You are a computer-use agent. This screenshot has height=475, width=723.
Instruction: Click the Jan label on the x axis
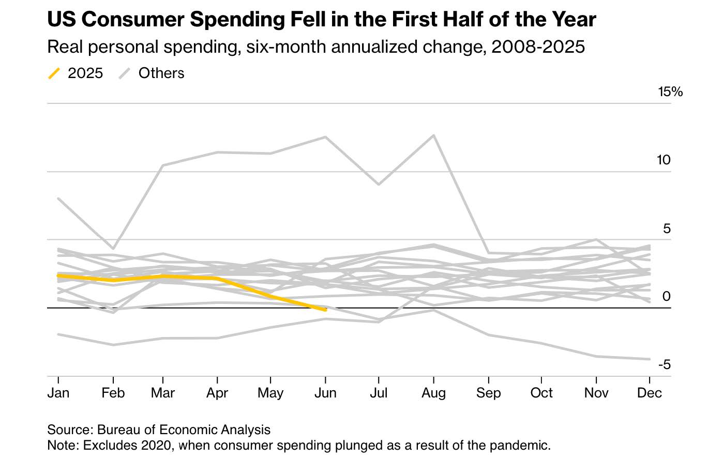[x=58, y=393]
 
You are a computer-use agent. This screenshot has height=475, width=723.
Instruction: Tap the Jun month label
[x=325, y=393]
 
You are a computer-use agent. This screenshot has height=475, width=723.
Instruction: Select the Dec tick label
[x=649, y=393]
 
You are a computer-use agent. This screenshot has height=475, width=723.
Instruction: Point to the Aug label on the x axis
[x=433, y=393]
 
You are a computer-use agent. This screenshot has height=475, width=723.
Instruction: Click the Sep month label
[x=488, y=393]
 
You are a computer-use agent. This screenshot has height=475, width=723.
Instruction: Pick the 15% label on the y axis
[x=670, y=92]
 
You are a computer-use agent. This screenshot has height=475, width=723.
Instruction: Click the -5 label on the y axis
[x=664, y=365]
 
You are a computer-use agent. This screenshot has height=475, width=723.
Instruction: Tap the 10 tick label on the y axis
[x=664, y=160]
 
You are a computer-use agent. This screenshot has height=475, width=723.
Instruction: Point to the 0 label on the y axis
[x=667, y=297]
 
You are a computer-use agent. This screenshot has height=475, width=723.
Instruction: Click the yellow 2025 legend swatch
[x=54, y=73]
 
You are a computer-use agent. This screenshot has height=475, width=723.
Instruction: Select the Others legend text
[x=161, y=73]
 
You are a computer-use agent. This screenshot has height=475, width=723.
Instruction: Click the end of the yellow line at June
[x=325, y=310]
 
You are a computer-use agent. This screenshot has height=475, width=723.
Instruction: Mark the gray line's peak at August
[x=433, y=135]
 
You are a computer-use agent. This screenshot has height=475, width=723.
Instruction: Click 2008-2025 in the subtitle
[x=538, y=47]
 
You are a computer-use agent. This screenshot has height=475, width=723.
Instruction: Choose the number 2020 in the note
[x=157, y=446]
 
